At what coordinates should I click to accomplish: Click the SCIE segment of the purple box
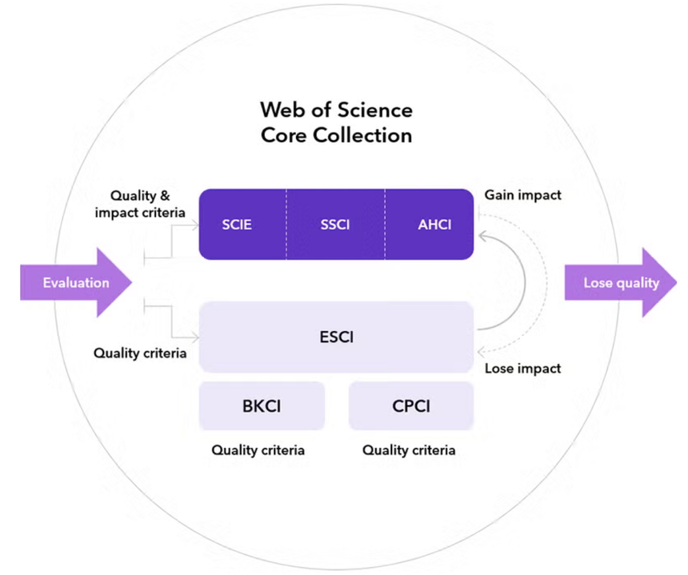tap(237, 225)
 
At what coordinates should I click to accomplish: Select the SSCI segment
tap(335, 225)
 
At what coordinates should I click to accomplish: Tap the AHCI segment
tap(434, 225)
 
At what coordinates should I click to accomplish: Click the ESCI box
tap(336, 337)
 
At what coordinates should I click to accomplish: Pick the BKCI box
tap(262, 406)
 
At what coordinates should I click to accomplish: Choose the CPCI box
tap(411, 406)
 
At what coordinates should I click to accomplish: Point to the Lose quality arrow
tap(621, 282)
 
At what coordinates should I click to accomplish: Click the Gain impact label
tap(522, 195)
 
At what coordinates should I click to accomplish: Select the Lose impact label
tap(522, 369)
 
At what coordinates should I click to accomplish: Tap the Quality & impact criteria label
tap(142, 204)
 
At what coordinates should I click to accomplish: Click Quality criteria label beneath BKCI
tap(258, 450)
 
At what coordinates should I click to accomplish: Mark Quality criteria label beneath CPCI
tap(409, 450)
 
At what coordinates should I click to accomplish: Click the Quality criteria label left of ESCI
tap(140, 353)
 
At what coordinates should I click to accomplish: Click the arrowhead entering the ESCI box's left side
tap(194, 336)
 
